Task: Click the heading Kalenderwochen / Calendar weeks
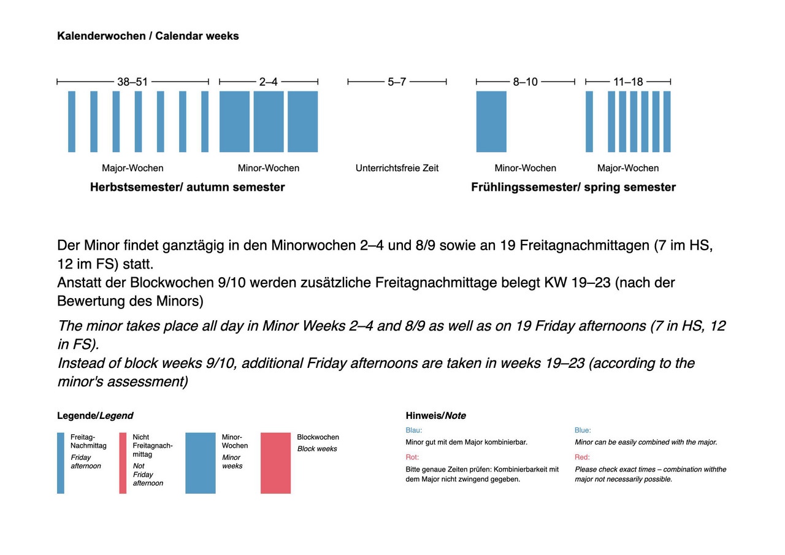[148, 36]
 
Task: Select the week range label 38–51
[132, 82]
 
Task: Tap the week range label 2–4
[268, 82]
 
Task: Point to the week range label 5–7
[397, 82]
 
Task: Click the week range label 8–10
[526, 82]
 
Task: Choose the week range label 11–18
[628, 82]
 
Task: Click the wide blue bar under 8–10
[491, 121]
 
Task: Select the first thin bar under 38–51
[72, 121]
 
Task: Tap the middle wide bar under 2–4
[269, 121]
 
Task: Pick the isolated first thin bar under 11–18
[589, 121]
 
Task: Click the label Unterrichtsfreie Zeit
[397, 168]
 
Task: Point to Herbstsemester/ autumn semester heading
[187, 187]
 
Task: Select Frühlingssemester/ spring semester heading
[573, 187]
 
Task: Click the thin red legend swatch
[123, 463]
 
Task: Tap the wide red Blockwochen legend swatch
[275, 463]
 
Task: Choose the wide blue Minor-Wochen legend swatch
[201, 463]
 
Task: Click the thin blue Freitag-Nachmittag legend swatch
[61, 463]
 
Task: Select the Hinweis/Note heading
[435, 416]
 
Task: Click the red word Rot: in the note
[412, 457]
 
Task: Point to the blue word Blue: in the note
[583, 431]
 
